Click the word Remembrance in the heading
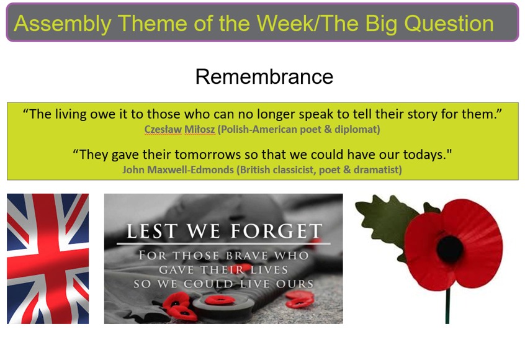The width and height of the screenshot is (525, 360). click(x=264, y=77)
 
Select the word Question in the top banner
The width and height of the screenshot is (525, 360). click(x=449, y=24)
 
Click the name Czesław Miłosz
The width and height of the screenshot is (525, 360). click(x=179, y=129)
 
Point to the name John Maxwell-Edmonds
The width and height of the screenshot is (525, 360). click(x=178, y=170)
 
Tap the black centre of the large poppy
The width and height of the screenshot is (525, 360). click(x=450, y=249)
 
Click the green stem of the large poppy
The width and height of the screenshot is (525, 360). click(x=447, y=305)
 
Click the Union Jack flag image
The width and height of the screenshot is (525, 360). click(x=48, y=259)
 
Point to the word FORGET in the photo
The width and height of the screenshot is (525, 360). click(x=277, y=231)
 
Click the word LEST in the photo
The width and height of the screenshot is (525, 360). click(x=152, y=231)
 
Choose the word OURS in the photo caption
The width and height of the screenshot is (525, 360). click(x=295, y=284)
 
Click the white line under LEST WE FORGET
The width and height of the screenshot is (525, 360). click(x=223, y=243)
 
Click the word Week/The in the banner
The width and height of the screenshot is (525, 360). click(x=308, y=24)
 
